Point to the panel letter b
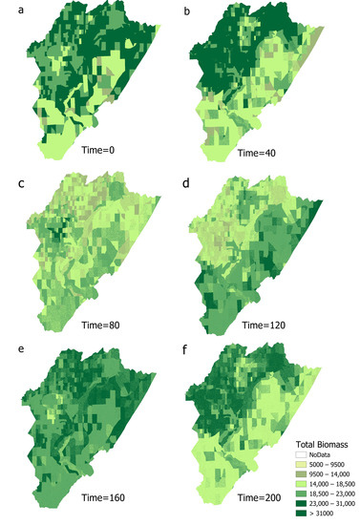pyautogui.click(x=186, y=10)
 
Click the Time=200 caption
pyautogui.click(x=238, y=497)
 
